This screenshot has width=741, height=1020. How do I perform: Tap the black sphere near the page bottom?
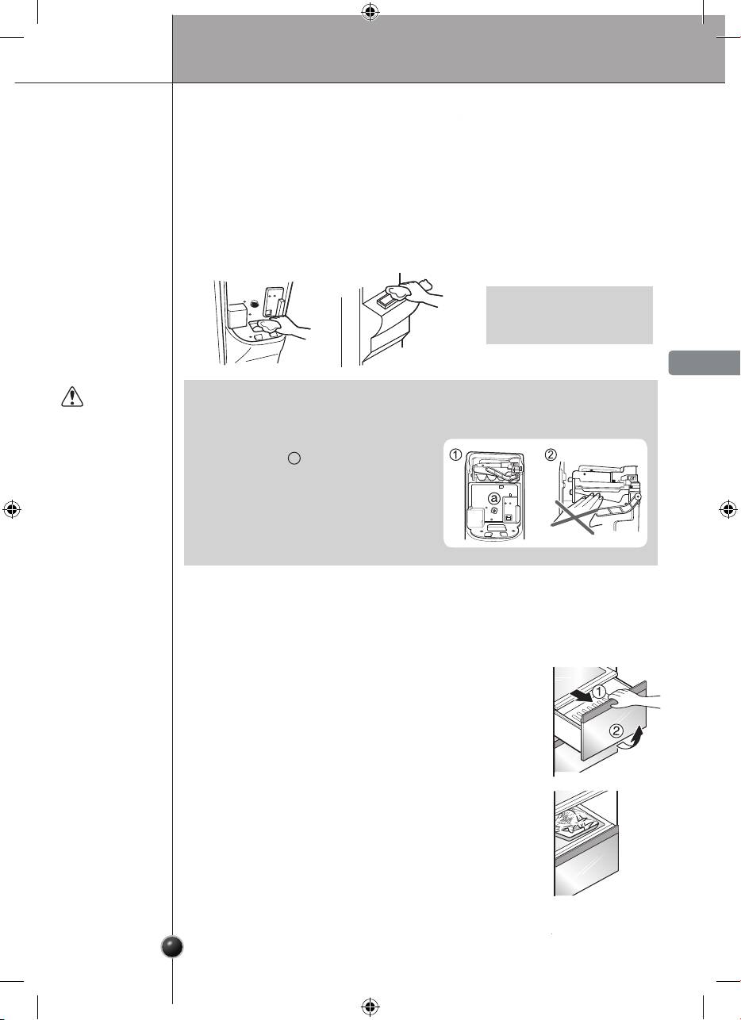pyautogui.click(x=173, y=947)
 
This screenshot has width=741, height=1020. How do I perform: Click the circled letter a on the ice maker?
pyautogui.click(x=493, y=499)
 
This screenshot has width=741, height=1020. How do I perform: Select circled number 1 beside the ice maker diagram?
pyautogui.click(x=455, y=454)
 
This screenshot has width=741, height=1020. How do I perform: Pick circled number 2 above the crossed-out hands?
pyautogui.click(x=551, y=454)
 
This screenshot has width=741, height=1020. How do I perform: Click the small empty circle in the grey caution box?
pyautogui.click(x=294, y=458)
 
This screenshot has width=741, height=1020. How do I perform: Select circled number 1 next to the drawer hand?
pyautogui.click(x=599, y=692)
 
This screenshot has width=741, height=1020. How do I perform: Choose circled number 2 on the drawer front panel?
pyautogui.click(x=616, y=731)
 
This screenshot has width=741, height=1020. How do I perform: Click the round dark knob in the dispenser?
pyautogui.click(x=255, y=304)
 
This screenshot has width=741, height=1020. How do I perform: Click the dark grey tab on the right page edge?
pyautogui.click(x=705, y=362)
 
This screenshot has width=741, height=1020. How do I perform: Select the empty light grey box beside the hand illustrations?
pyautogui.click(x=570, y=315)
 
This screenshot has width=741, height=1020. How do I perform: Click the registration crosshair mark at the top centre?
pyautogui.click(x=370, y=13)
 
